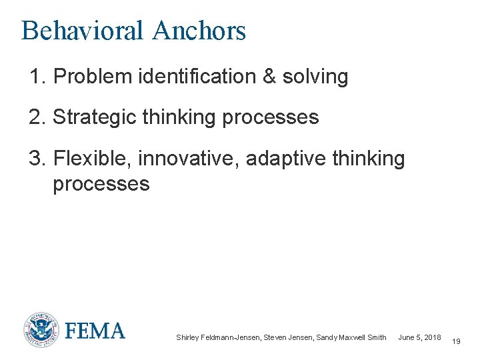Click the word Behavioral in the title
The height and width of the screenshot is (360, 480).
tap(82, 31)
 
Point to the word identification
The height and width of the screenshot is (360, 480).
tap(193, 77)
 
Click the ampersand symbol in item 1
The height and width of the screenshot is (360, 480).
tap(269, 77)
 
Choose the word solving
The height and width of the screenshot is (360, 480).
tap(315, 77)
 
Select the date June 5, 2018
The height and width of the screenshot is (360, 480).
tap(419, 338)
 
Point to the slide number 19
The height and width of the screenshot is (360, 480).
tap(456, 341)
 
